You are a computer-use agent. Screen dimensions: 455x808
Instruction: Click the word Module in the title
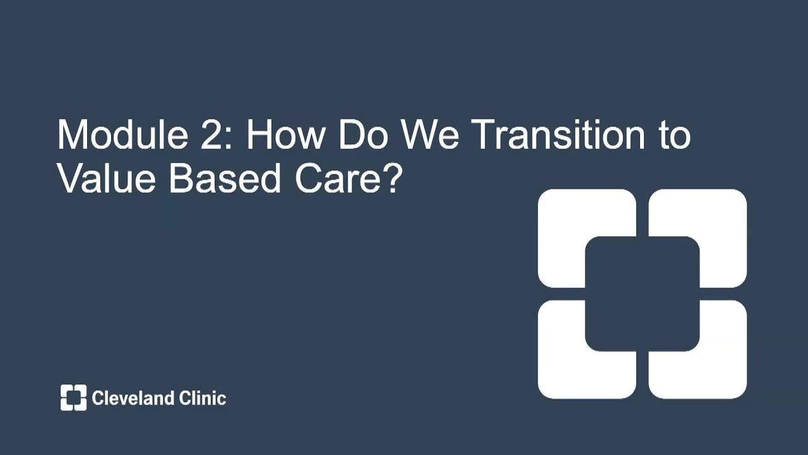coord(120,135)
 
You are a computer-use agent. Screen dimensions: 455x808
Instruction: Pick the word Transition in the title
coord(555,135)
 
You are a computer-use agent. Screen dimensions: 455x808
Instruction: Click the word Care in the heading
coord(331,179)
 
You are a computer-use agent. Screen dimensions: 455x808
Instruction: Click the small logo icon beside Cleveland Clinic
coord(73,397)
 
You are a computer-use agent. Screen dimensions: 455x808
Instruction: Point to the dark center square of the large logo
coord(642,294)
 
